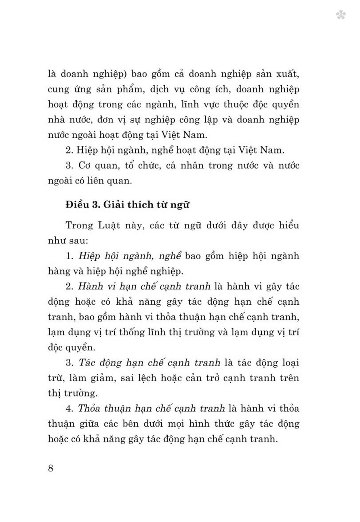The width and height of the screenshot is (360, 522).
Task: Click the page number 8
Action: click(50, 468)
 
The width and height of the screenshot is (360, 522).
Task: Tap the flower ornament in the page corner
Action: click(341, 15)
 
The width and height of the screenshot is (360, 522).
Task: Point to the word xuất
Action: click(286, 74)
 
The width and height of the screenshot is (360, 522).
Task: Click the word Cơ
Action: click(85, 165)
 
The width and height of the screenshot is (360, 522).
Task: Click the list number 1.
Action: click(69, 256)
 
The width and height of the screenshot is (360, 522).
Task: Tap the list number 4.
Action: click(69, 409)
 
